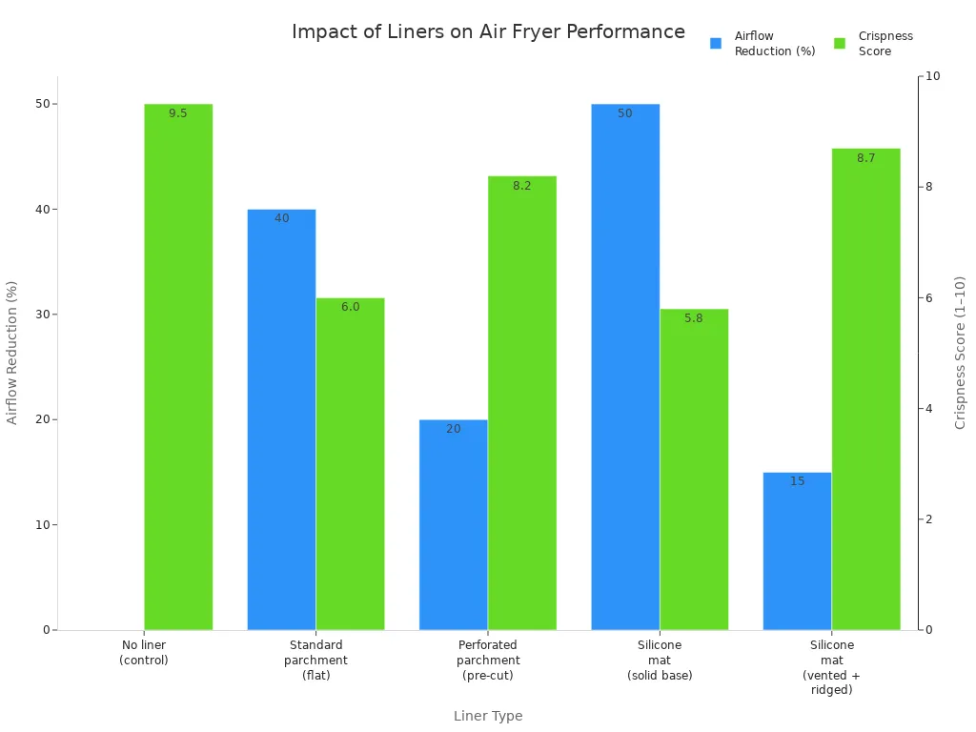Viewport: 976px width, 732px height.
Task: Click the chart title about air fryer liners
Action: [x=488, y=31]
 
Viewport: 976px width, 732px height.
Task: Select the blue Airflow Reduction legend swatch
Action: [x=716, y=43]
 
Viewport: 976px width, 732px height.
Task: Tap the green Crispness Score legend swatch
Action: [x=840, y=43]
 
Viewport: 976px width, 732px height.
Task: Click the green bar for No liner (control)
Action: [x=178, y=367]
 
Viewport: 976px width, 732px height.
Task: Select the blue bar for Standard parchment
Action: [x=281, y=419]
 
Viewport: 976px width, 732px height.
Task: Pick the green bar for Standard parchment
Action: [x=350, y=464]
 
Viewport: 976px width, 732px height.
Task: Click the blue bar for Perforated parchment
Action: [x=453, y=524]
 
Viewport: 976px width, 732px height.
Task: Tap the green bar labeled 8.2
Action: [x=521, y=403]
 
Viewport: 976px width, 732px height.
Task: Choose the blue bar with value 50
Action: [x=625, y=367]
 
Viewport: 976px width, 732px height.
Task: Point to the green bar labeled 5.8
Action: [x=694, y=469]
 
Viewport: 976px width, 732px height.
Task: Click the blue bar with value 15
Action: [x=797, y=551]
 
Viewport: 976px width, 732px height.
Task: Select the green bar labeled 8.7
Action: [x=865, y=389]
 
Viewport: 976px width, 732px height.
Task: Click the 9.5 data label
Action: [x=178, y=113]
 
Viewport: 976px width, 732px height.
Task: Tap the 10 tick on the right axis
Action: [x=933, y=76]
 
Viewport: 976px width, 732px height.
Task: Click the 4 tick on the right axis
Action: [x=930, y=409]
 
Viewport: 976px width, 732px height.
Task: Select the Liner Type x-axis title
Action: [x=488, y=716]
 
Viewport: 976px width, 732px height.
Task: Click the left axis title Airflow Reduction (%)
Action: [x=12, y=353]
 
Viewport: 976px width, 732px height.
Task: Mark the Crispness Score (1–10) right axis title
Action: [x=960, y=353]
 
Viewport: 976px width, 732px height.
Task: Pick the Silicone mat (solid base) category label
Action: [x=660, y=660]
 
